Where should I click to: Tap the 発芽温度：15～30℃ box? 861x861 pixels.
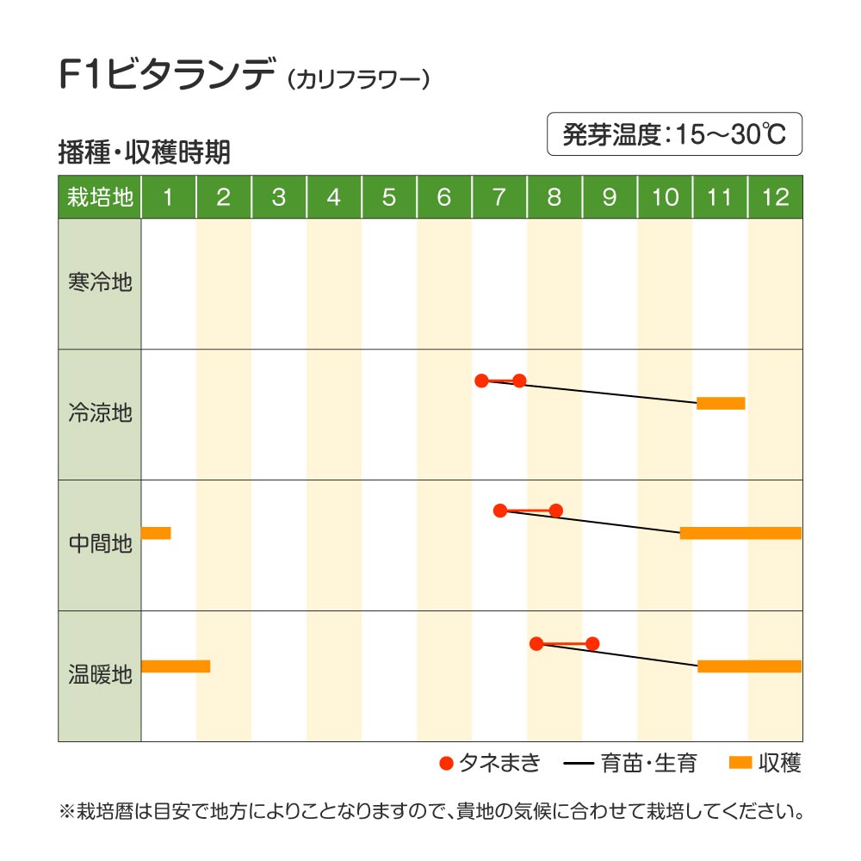[674, 134]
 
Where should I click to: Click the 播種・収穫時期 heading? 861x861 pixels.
[143, 152]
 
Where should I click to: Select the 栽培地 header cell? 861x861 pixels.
[100, 197]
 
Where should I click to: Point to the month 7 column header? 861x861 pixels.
[499, 197]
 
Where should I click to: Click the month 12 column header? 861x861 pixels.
[775, 197]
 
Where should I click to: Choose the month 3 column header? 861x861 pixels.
[278, 197]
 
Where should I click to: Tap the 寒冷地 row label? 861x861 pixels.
[100, 282]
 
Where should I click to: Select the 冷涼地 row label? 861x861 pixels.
[100, 413]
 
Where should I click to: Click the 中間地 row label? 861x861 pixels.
[100, 544]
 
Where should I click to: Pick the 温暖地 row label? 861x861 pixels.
[100, 675]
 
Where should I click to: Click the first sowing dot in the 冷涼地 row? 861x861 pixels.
[481, 381]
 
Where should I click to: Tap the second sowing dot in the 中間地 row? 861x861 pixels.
[555, 511]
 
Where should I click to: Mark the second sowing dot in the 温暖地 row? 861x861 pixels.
[592, 643]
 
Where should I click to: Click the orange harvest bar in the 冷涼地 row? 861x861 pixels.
[721, 403]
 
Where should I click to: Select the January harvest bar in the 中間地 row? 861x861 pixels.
[156, 533]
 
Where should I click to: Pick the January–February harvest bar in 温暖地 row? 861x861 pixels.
[176, 666]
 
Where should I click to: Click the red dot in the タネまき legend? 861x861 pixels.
[446, 763]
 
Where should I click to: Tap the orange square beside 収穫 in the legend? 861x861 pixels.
[740, 763]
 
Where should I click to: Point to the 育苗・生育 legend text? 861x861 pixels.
[651, 763]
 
